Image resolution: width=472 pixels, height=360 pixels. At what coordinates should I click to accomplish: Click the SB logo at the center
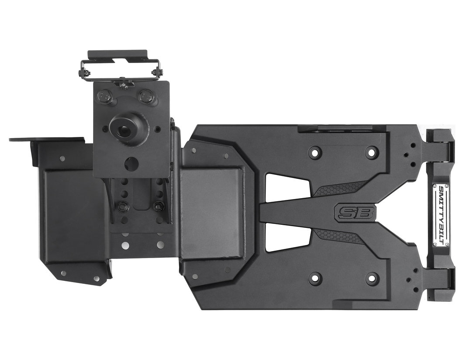tap(354, 213)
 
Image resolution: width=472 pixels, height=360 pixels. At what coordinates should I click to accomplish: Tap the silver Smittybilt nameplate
tap(441, 215)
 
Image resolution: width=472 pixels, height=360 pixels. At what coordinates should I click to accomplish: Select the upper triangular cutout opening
tap(284, 188)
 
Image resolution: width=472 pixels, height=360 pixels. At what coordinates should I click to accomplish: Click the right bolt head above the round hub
tap(146, 96)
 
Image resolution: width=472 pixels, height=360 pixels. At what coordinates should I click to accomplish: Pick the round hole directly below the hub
tap(131, 164)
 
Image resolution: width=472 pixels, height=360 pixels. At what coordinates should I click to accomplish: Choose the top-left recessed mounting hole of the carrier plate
tap(315, 152)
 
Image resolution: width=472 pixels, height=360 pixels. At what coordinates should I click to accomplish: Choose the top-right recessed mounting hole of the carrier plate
tap(371, 152)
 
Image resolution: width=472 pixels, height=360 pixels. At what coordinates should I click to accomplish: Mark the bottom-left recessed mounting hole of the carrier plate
tap(315, 278)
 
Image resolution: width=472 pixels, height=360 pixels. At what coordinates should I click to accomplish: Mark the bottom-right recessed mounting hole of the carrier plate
tap(371, 278)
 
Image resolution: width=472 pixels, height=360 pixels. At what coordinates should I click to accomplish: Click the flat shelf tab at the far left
tap(46, 140)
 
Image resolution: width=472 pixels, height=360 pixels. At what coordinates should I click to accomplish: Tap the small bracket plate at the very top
tap(118, 55)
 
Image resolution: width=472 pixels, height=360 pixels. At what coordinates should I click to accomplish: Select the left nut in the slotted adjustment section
tap(120, 205)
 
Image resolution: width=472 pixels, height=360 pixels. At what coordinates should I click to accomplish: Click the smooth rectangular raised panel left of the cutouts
tap(211, 212)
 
